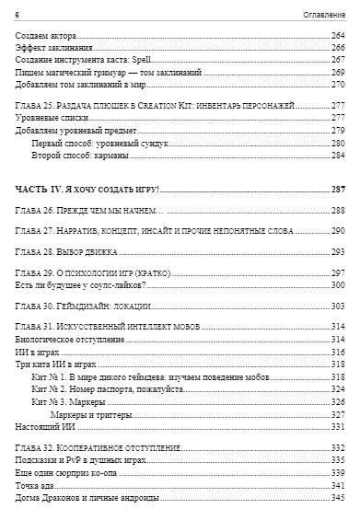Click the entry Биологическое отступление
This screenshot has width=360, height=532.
tap(68, 341)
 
